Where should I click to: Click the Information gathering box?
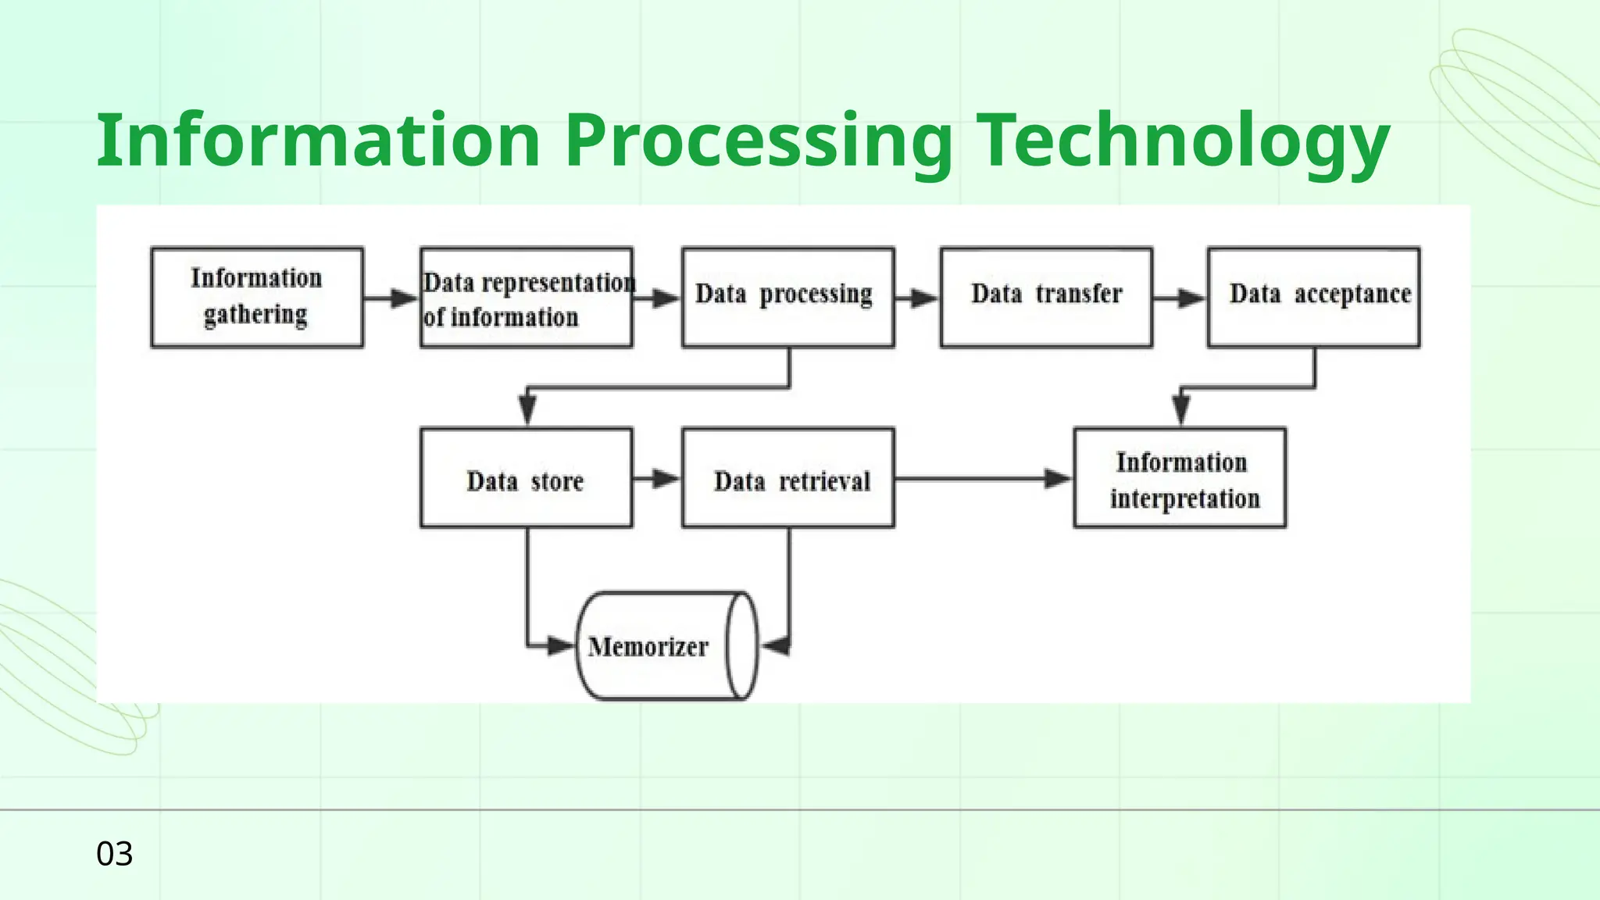coord(257,297)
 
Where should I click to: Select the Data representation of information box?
coord(526,298)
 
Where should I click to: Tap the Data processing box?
coord(787,297)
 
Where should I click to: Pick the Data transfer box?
coord(1046,297)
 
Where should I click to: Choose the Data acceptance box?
coord(1313,297)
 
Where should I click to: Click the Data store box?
coord(526,478)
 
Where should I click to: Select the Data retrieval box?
coord(787,478)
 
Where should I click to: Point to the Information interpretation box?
coord(1180,478)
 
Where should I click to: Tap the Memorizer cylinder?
coord(666,646)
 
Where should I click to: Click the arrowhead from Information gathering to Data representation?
coord(404,298)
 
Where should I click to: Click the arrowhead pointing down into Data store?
coord(527,409)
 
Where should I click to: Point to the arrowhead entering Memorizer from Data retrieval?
coord(776,646)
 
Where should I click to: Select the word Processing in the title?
coord(758,141)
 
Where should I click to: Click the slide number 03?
coord(114,854)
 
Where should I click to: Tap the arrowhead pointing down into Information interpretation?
coord(1181,409)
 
